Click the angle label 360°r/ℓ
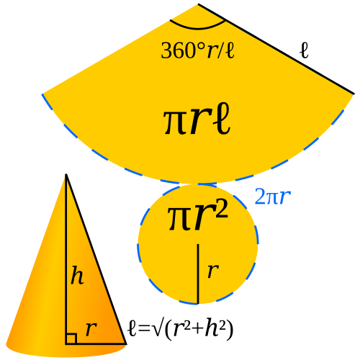tap(197, 50)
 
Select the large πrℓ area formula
tap(197, 119)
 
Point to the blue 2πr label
tap(273, 197)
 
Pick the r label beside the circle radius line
tap(213, 271)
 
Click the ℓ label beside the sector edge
tap(305, 50)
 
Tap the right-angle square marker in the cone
tap(71, 338)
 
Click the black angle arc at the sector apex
tap(197, 29)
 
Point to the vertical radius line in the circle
tap(198, 274)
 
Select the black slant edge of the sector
tap(276, 49)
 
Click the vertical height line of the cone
tap(66, 259)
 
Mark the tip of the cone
tap(66, 174)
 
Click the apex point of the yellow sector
tap(198, 4)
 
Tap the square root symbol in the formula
tap(157, 329)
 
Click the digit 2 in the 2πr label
tap(258, 197)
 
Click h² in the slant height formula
tap(216, 328)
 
